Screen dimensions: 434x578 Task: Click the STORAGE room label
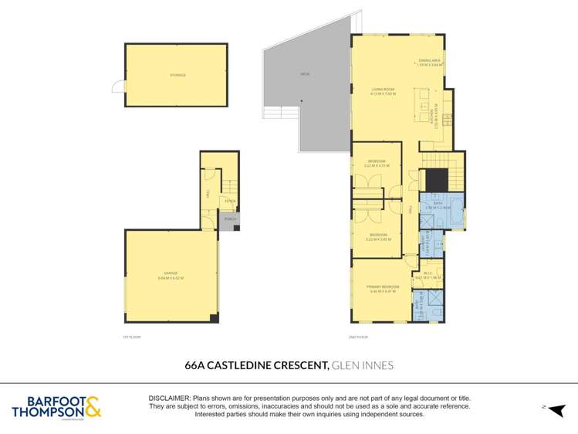[x=178, y=75]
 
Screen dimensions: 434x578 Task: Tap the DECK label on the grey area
[x=305, y=75]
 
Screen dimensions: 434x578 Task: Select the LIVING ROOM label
[x=382, y=91]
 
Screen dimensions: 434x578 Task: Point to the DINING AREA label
[x=430, y=63]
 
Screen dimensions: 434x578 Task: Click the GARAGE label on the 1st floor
[x=170, y=276]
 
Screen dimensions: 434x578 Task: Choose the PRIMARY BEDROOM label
[x=382, y=289]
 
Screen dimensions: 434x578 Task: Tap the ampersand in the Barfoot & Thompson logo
[x=93, y=405]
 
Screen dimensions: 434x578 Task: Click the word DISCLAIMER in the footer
[x=168, y=397]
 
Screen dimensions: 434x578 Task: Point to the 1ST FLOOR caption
[x=132, y=337]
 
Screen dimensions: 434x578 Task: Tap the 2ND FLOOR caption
[x=357, y=337]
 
